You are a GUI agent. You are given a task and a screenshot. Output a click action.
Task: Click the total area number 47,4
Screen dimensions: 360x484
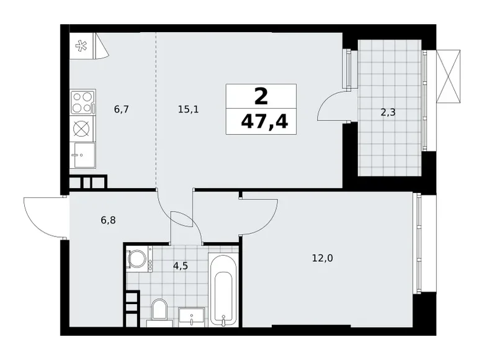coord(261,120)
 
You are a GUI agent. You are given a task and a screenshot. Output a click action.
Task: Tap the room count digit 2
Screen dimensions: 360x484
coord(261,96)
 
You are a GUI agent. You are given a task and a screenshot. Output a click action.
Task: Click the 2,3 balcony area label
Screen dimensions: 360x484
coord(389,113)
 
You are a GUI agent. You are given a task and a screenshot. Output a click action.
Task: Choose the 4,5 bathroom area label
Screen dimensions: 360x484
coord(181,265)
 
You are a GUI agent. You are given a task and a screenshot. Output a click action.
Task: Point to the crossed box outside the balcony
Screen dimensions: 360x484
coord(449,74)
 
